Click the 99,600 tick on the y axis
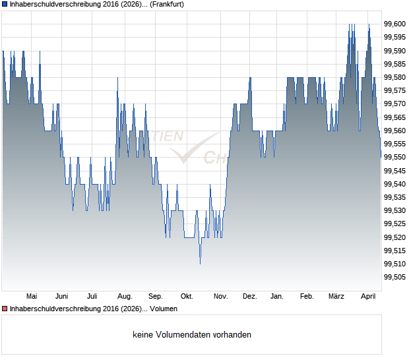[x=394, y=24]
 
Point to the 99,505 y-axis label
[x=394, y=277]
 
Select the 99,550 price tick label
[x=394, y=157]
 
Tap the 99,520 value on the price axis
[x=394, y=237]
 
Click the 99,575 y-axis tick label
[x=394, y=90]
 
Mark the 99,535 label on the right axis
[x=394, y=197]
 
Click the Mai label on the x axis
[x=31, y=296]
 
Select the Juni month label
[x=62, y=296]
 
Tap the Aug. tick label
[x=125, y=296]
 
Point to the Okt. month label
[x=187, y=296]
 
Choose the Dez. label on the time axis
[x=249, y=296]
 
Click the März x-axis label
[x=336, y=296]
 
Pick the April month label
[x=367, y=296]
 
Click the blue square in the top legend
[x=5, y=4]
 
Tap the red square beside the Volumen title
[x=5, y=309]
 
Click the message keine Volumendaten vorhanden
[x=192, y=334]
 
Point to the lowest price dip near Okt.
[x=200, y=262]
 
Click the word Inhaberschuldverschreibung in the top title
[x=54, y=4]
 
